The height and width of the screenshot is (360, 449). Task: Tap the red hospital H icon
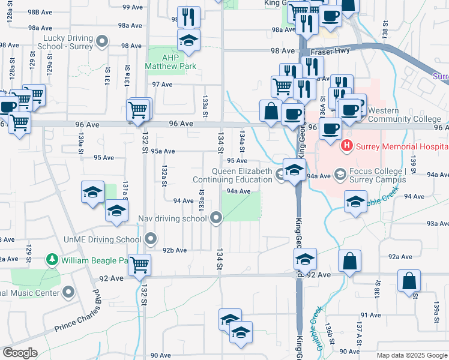coord(346,146)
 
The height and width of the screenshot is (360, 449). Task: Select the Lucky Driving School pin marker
coord(102,41)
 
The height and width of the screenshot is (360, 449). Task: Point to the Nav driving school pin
coord(217,219)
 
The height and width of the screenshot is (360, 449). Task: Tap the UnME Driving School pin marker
coord(151,240)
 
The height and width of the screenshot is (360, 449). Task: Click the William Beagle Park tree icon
coord(53,260)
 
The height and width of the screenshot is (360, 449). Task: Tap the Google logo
coord(19,353)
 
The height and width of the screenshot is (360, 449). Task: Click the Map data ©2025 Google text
coord(412,355)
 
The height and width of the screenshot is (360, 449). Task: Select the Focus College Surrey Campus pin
coord(340,175)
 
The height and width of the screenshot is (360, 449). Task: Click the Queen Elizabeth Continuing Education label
coord(232,175)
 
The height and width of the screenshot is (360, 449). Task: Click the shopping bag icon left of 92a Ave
coord(349,261)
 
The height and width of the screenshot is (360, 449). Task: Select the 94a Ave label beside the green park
coord(238,191)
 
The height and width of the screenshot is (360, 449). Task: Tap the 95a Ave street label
coord(163,151)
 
